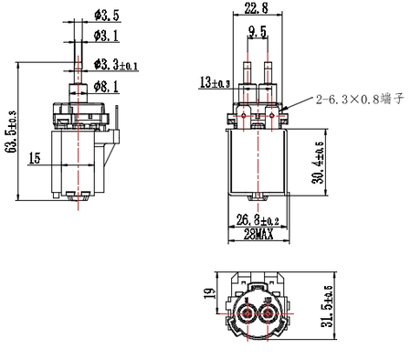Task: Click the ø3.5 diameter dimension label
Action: pos(107,16)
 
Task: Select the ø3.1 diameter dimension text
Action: pos(106,36)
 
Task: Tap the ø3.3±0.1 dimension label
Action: pos(116,65)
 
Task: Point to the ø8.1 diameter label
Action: pos(106,87)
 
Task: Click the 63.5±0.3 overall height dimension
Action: pos(12,132)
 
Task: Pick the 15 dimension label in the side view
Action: pos(35,158)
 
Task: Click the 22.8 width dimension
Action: pos(257,8)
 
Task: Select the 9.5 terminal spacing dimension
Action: pos(258,32)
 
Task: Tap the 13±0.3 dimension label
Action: pos(215,82)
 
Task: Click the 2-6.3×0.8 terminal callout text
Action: pos(360,99)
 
